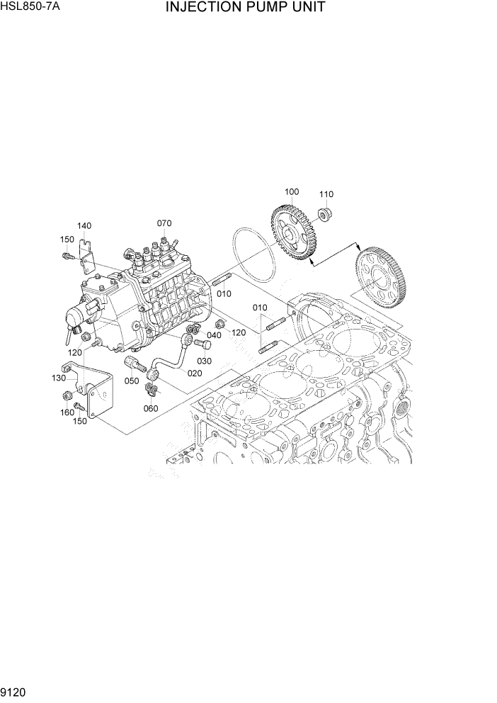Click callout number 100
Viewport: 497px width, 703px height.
(x=292, y=192)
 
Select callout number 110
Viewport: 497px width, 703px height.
(x=326, y=195)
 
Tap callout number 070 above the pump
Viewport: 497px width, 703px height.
(x=164, y=223)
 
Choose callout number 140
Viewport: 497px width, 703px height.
(x=84, y=226)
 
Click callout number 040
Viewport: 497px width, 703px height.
(x=215, y=335)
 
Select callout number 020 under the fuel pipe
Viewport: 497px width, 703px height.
(x=195, y=373)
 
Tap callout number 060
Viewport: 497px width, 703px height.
(x=151, y=408)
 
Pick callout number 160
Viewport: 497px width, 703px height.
(x=67, y=412)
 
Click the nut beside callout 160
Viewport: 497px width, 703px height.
(x=67, y=395)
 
